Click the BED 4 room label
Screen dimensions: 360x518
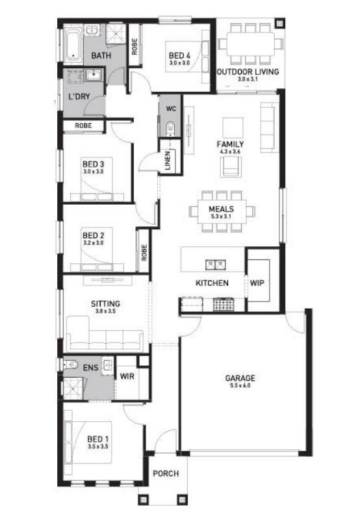pyautogui.click(x=179, y=55)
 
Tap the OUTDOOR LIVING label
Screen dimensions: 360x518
pyautogui.click(x=248, y=71)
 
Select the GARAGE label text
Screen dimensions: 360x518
pyautogui.click(x=240, y=378)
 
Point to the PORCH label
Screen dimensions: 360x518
pyautogui.click(x=166, y=473)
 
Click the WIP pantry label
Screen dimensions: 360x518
pyautogui.click(x=257, y=283)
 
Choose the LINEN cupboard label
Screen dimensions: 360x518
pyautogui.click(x=168, y=161)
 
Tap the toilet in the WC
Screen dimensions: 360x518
pyautogui.click(x=170, y=129)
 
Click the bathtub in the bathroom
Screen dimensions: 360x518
pyautogui.click(x=73, y=45)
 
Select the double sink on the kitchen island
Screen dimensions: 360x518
pyautogui.click(x=215, y=265)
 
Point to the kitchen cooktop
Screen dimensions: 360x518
pyautogui.click(x=224, y=304)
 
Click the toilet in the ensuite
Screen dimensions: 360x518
pyautogui.click(x=70, y=365)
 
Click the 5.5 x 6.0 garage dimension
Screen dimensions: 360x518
pyautogui.click(x=240, y=385)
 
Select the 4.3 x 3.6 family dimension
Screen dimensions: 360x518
pyautogui.click(x=230, y=151)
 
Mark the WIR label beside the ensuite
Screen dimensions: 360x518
pyautogui.click(x=127, y=376)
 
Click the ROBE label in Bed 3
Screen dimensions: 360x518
pyautogui.click(x=84, y=125)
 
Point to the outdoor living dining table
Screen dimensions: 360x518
pyautogui.click(x=251, y=44)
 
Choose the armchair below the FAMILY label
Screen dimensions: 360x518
pyautogui.click(x=231, y=166)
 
